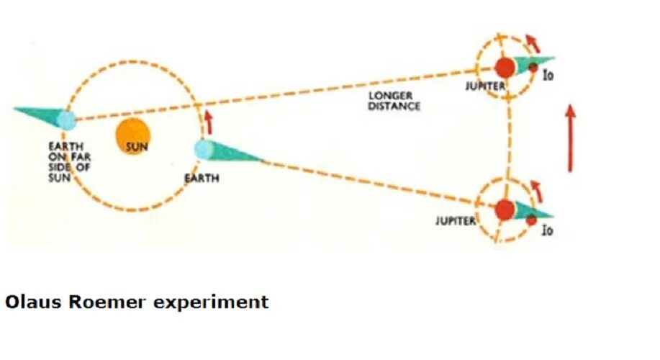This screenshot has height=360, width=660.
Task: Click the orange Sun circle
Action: pyautogui.click(x=134, y=134)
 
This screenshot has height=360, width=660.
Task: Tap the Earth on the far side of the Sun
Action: pyautogui.click(x=66, y=120)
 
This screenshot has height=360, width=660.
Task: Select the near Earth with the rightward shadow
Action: pyautogui.click(x=204, y=149)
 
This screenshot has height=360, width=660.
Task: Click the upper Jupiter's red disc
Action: pyautogui.click(x=506, y=68)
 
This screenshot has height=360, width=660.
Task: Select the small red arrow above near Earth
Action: pyautogui.click(x=209, y=122)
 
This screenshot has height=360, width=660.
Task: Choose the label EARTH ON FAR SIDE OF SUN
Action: pyautogui.click(x=65, y=162)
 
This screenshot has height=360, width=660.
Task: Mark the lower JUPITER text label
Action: pyautogui.click(x=455, y=220)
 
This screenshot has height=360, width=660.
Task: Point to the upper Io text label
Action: pyautogui.click(x=548, y=75)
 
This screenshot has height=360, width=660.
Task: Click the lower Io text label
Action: pyautogui.click(x=548, y=231)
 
